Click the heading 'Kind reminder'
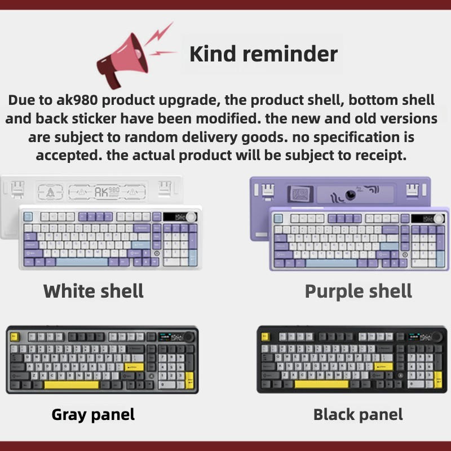pyautogui.click(x=263, y=54)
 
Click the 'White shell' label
pyautogui.click(x=94, y=291)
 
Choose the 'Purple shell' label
pyautogui.click(x=358, y=291)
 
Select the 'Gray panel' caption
pyautogui.click(x=93, y=415)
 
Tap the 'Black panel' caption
pyautogui.click(x=358, y=415)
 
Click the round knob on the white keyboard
pyautogui.click(x=192, y=216)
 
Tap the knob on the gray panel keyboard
pyautogui.click(x=188, y=337)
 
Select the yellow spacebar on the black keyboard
pyautogui.click(x=320, y=384)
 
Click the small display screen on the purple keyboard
pyautogui.click(x=419, y=218)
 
